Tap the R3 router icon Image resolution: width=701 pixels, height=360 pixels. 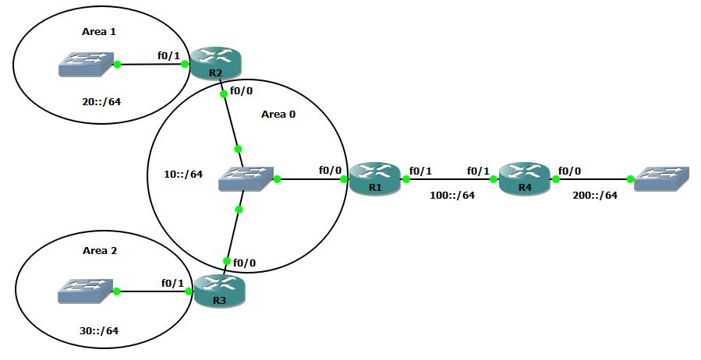point(218,291)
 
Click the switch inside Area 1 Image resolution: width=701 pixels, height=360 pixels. point(85,65)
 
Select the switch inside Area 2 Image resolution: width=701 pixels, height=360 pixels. point(85,291)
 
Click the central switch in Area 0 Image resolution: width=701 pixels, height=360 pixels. point(246,179)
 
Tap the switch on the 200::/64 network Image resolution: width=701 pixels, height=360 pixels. point(661,178)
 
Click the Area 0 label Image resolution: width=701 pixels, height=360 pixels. point(278,114)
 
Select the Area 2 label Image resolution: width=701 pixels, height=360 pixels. point(99,251)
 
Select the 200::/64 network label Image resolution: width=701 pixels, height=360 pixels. point(593,196)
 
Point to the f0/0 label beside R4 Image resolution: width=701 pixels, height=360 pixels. point(568,170)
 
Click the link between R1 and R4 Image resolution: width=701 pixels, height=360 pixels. point(450,179)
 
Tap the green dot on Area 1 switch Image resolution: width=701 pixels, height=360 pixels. point(117,65)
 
